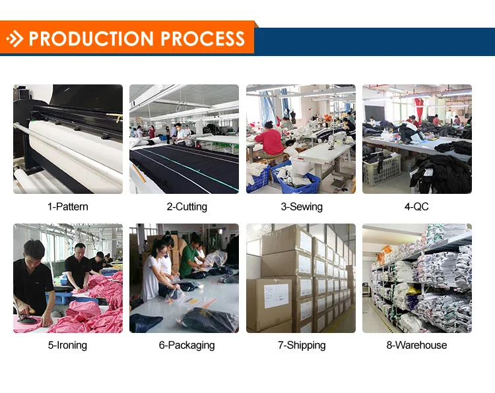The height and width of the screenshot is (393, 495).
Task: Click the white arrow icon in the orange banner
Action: point(15,40)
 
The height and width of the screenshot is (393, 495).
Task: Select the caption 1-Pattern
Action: point(67,206)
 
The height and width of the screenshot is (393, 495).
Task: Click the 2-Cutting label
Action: point(187,206)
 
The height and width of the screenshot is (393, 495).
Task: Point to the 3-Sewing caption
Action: point(302,206)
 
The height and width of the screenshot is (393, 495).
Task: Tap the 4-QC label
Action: point(416,206)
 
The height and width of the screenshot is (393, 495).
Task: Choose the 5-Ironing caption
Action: point(67,345)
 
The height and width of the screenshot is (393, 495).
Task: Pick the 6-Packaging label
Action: point(187,345)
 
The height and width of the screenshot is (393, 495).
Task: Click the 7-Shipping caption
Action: point(302,345)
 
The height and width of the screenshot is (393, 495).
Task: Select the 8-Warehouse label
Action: point(416,345)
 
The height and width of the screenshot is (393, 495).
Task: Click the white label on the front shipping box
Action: point(275,295)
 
